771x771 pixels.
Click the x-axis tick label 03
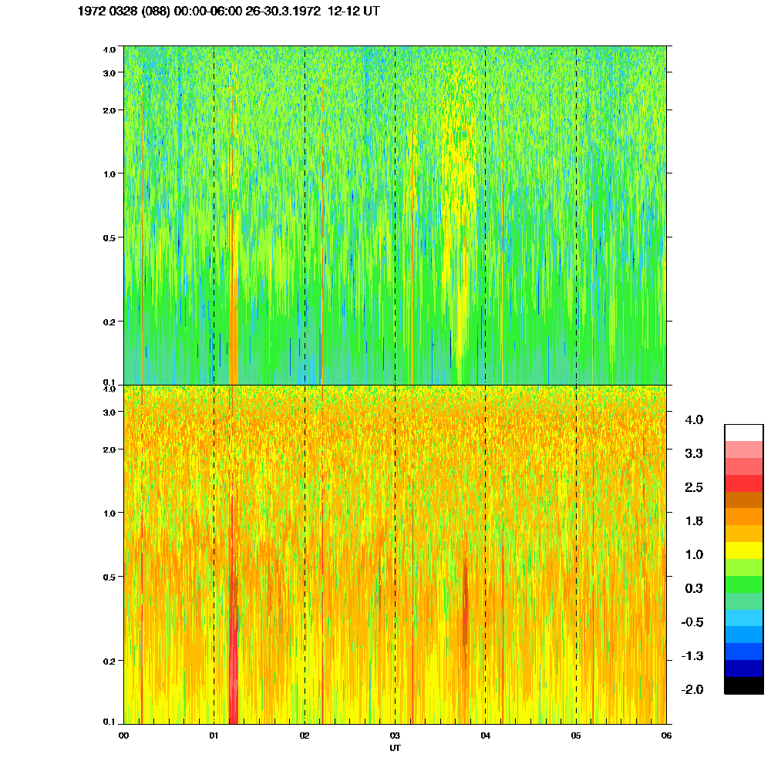(395, 736)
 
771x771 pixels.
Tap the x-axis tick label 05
(575, 736)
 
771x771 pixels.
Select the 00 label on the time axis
(123, 736)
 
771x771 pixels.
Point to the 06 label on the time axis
(666, 736)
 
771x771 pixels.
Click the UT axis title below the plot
(395, 747)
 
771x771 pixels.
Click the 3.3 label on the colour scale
(694, 453)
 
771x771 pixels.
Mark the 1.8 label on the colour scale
(694, 521)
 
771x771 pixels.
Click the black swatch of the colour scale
(743, 685)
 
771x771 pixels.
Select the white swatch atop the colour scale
(743, 432)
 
